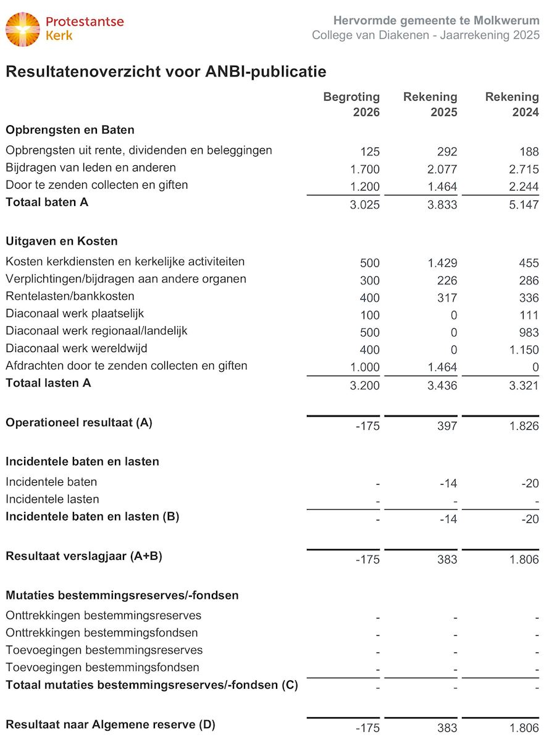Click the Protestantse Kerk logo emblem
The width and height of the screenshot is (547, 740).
pos(23,29)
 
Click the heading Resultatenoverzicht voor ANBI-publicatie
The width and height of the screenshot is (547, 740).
pos(165,72)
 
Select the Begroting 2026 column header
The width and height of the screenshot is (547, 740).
pos(351,105)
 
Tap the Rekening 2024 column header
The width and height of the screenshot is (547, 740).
pos(512,105)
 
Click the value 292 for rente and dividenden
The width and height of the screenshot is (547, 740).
pos(447,152)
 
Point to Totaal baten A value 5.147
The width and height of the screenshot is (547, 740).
pos(525,204)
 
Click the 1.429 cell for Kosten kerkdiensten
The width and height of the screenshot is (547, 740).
pos(443,263)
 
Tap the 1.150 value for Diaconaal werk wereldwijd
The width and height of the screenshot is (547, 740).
pos(525,350)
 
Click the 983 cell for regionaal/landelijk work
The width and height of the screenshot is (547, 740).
pos(528,332)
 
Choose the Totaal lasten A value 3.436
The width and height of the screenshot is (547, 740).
pos(443,386)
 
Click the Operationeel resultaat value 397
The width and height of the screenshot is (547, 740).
pos(447,426)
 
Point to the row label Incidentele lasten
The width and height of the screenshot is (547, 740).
pos(52,499)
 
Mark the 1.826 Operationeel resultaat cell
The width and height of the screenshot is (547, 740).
pos(525,426)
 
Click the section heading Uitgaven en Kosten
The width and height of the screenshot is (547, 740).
pos(62,241)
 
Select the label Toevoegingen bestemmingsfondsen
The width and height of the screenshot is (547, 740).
pos(102,667)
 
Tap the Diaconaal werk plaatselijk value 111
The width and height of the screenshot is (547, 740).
pos(529,315)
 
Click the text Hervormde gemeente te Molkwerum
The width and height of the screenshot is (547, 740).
pos(436,20)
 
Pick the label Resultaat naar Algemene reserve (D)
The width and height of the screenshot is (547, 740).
pos(111,725)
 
